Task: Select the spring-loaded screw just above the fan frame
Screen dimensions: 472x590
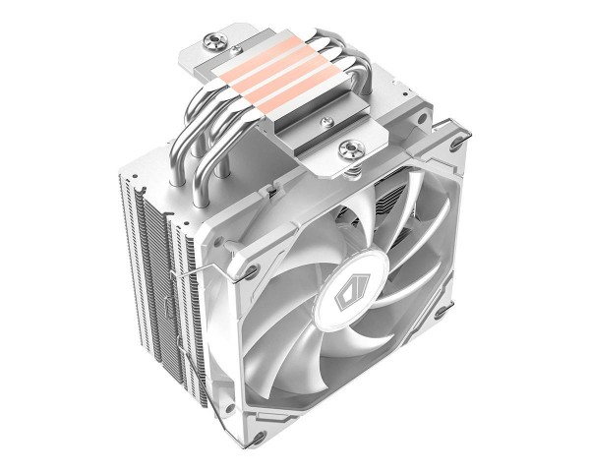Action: [x=348, y=150]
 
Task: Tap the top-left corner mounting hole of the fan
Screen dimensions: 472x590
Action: [x=255, y=268]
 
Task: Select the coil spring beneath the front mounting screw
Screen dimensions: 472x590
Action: [x=348, y=167]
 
